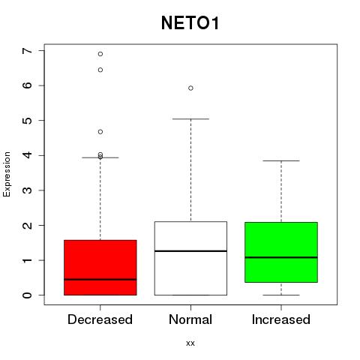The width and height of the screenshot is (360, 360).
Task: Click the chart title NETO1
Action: coord(190,23)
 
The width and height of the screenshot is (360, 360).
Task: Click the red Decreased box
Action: coord(100,268)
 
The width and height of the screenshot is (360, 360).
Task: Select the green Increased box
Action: coord(281,252)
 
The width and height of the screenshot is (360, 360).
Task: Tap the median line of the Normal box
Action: coord(190,250)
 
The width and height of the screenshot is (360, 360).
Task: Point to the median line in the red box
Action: coord(100,280)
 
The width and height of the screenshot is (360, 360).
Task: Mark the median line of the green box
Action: coord(281,257)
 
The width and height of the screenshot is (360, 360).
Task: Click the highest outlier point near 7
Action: coord(100,54)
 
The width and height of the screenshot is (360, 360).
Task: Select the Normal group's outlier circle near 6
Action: coord(190,88)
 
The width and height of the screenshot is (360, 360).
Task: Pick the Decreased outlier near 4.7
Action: coord(100,132)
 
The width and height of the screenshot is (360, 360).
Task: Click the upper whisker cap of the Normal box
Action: coord(190,119)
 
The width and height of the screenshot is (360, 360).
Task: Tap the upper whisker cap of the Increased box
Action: coord(281,160)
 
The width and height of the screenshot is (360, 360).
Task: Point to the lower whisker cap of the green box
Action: coord(281,295)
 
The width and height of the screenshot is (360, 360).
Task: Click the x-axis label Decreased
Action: coord(100,319)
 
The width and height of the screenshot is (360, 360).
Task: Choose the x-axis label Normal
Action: coord(190,319)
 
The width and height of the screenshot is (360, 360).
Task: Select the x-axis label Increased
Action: coord(281,319)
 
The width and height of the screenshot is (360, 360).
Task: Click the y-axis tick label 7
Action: coord(28,51)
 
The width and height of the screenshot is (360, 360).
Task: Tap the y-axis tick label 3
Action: coord(28,190)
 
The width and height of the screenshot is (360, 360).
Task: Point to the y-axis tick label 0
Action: coord(28,295)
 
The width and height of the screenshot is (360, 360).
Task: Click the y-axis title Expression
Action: coord(7,174)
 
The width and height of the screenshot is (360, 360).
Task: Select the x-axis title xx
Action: coord(190,343)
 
